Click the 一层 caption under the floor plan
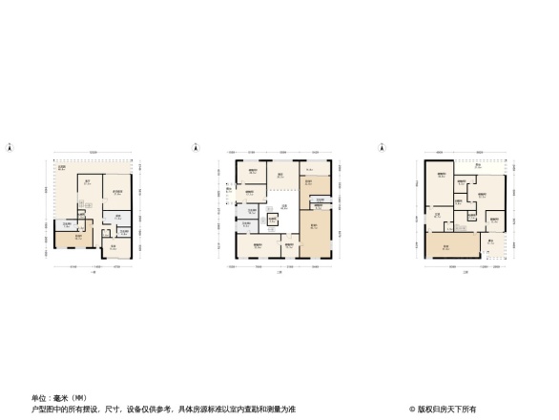click(x=93, y=273)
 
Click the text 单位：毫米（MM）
click(x=60, y=398)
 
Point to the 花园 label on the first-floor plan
click(x=60, y=170)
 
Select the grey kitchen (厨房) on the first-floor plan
click(x=116, y=220)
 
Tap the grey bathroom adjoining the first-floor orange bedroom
click(x=64, y=225)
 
